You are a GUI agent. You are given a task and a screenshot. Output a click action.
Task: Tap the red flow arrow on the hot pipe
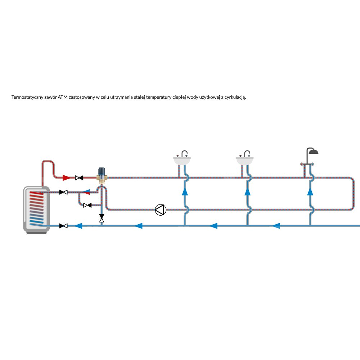(66, 177)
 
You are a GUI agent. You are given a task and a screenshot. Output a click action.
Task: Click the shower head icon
(312, 151)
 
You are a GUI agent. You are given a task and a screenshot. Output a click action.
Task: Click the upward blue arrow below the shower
(310, 192)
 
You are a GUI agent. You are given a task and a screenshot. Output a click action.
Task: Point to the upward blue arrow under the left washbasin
(185, 192)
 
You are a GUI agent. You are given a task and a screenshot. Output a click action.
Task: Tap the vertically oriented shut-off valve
(102, 218)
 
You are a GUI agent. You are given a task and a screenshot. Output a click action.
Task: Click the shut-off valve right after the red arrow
(79, 177)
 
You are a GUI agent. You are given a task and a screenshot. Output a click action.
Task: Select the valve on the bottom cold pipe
(64, 226)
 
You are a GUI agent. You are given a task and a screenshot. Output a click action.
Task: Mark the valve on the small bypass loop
(87, 205)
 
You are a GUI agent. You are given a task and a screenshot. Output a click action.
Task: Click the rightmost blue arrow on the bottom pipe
(276, 226)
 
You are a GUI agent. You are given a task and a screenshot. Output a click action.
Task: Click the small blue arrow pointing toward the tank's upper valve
(86, 192)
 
